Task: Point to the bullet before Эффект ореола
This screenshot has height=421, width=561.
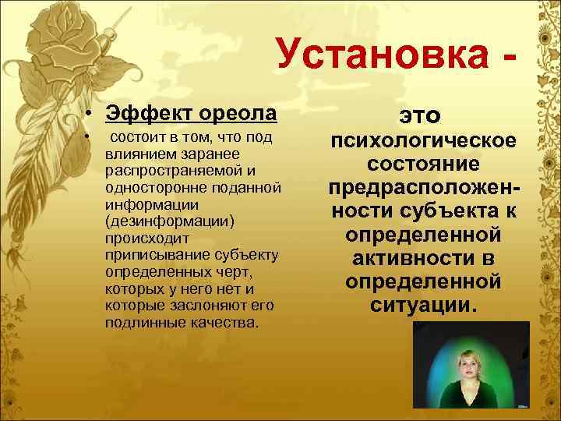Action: coord(91,115)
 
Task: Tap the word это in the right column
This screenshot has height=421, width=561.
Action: coord(421,115)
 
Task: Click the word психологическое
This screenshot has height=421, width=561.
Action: coord(422,143)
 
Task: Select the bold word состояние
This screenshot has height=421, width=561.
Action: coord(422,167)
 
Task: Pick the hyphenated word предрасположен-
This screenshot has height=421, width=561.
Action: coord(422,190)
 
